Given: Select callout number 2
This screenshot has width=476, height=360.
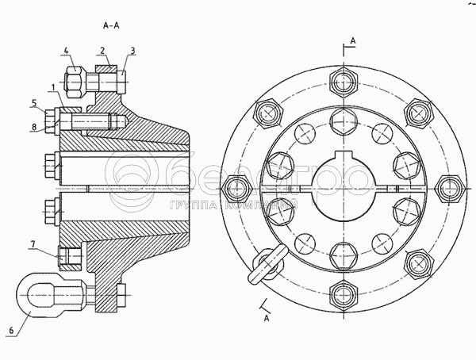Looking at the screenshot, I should [x=103, y=50].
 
